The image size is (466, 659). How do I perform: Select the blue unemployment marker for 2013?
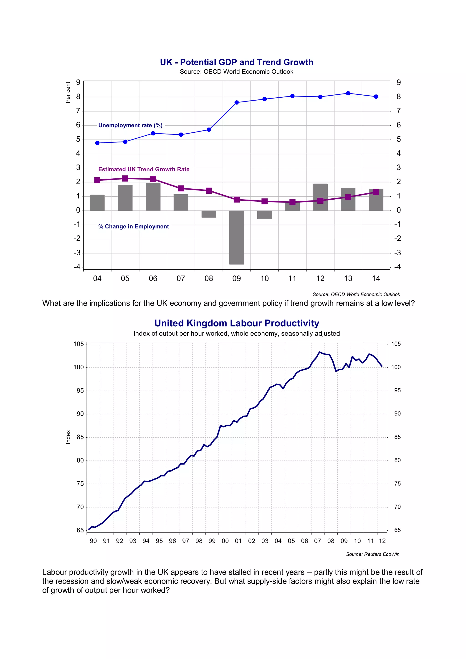click(348, 93)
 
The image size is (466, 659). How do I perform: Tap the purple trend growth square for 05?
click(125, 179)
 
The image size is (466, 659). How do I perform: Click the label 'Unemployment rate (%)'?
click(130, 125)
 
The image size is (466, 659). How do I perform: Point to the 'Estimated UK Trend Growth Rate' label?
click(144, 169)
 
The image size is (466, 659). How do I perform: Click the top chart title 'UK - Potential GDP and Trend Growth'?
click(236, 62)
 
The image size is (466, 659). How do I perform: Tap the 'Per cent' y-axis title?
click(68, 92)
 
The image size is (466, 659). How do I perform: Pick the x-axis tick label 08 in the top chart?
click(209, 278)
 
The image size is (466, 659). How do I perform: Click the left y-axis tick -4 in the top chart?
click(77, 267)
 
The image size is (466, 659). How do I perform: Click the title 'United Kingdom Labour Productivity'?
click(236, 323)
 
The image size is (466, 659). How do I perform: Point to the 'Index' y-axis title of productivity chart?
click(68, 437)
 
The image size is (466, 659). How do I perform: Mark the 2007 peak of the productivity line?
click(320, 352)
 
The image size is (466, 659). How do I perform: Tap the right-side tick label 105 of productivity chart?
click(396, 344)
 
